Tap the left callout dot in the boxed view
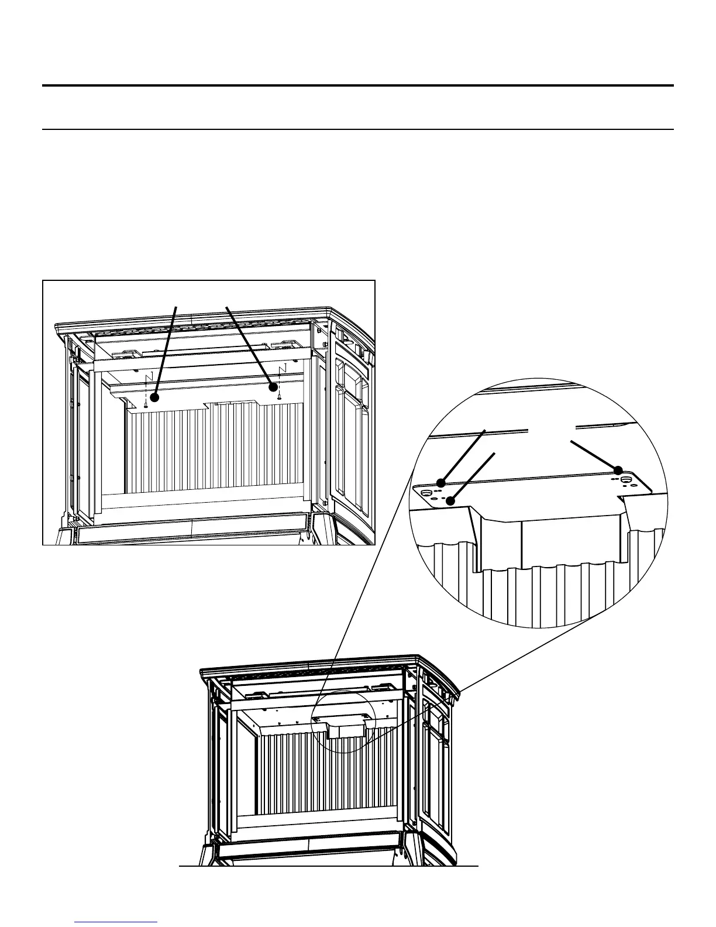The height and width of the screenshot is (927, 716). [x=155, y=397]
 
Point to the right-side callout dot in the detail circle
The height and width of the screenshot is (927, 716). [x=618, y=470]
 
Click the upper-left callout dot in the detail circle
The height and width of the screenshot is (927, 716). [x=442, y=483]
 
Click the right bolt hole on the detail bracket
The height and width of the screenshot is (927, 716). [x=626, y=480]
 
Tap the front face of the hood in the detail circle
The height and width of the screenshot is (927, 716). [x=570, y=541]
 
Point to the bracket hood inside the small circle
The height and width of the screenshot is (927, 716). [x=345, y=728]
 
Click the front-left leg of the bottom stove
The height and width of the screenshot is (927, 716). [x=208, y=855]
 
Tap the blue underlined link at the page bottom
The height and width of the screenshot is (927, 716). [x=116, y=922]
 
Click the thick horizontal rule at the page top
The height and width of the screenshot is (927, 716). [x=358, y=86]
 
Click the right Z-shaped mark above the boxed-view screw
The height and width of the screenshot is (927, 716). [x=283, y=369]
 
